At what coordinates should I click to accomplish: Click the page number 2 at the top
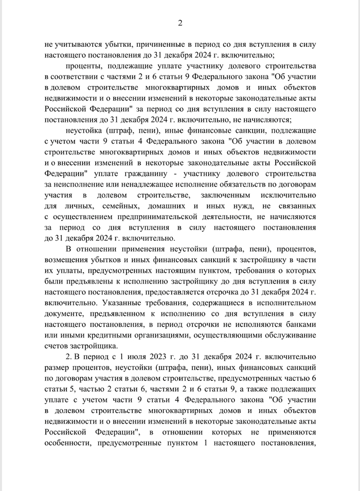tap(180, 23)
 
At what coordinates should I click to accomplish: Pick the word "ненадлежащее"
tap(145, 184)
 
